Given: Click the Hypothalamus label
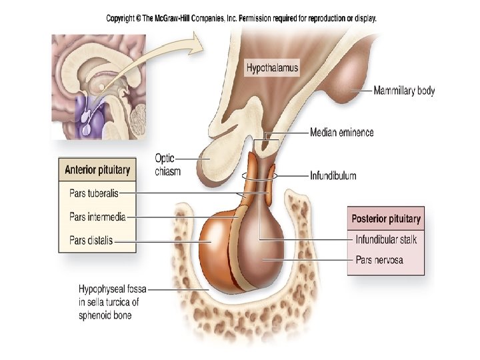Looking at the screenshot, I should tap(272, 68).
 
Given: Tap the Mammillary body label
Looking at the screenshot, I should tap(404, 90).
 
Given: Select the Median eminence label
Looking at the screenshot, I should tap(341, 133).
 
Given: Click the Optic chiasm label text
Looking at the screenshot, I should tap(167, 165).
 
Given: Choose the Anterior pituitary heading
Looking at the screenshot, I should tap(97, 170).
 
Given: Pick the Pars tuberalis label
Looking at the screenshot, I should tap(94, 194).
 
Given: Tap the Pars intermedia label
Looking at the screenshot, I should tap(97, 217).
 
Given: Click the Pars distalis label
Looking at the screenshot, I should tap(91, 240).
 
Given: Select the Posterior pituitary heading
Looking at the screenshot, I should tap(386, 219).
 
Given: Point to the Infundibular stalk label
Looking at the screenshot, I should tap(387, 239).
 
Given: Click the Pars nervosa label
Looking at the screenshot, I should tap(379, 260).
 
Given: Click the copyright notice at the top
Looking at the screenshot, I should tap(241, 19).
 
